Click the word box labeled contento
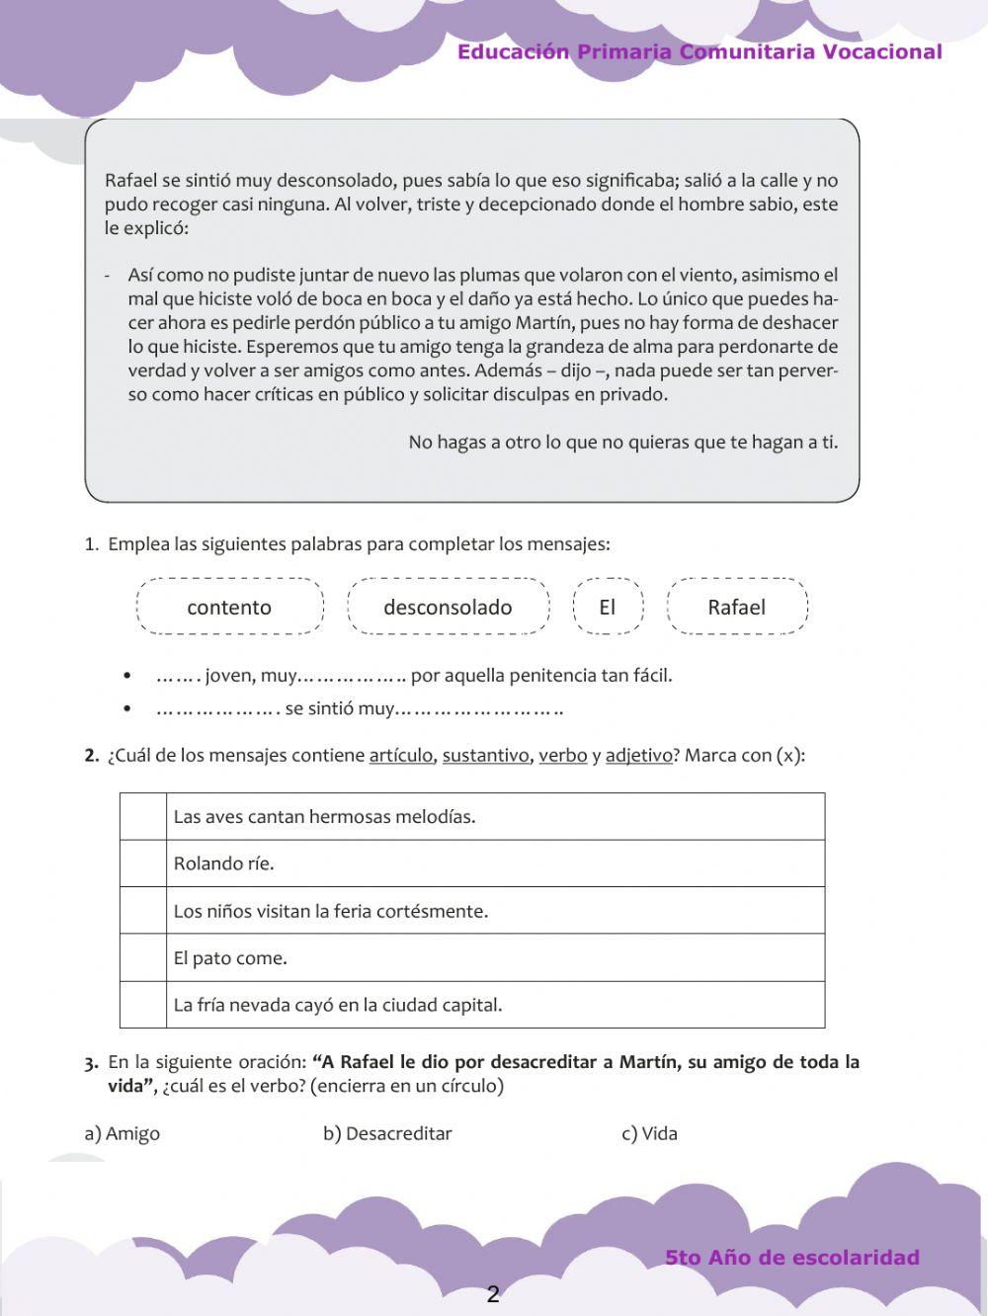(229, 607)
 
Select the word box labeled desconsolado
(448, 607)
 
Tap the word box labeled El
(608, 607)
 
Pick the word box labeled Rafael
(737, 607)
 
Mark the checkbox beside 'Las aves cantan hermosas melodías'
(143, 816)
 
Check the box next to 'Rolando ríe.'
(143, 864)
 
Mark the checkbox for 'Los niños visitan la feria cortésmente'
(143, 911)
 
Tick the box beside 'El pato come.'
(143, 957)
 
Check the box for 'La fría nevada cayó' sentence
(143, 1005)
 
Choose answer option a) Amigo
(123, 1133)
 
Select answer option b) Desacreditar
(387, 1133)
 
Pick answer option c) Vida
(649, 1133)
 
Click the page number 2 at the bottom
(493, 1294)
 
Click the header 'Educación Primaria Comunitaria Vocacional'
(700, 52)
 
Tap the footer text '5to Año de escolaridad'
(792, 1258)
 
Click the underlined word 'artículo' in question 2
(400, 756)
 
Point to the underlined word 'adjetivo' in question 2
(638, 756)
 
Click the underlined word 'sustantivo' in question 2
(485, 756)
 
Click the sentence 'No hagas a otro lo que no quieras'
(622, 442)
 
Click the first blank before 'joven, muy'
(178, 677)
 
